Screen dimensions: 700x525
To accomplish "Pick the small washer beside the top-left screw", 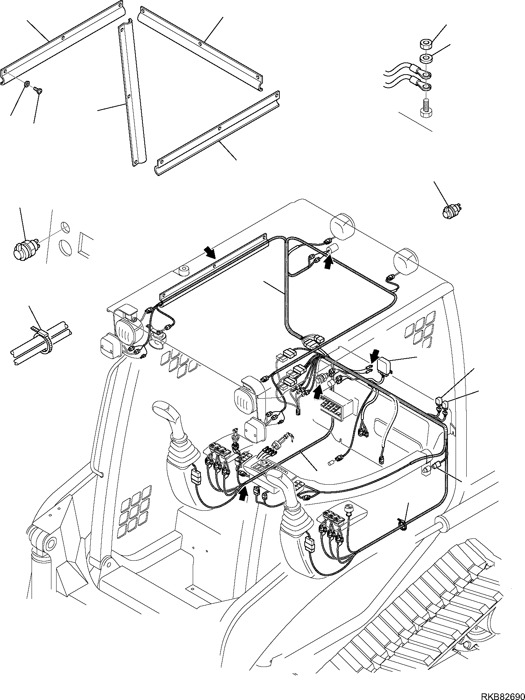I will (x=27, y=85).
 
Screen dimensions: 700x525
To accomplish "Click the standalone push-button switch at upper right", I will (x=450, y=213).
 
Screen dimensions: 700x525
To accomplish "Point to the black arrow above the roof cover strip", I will (x=210, y=253).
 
